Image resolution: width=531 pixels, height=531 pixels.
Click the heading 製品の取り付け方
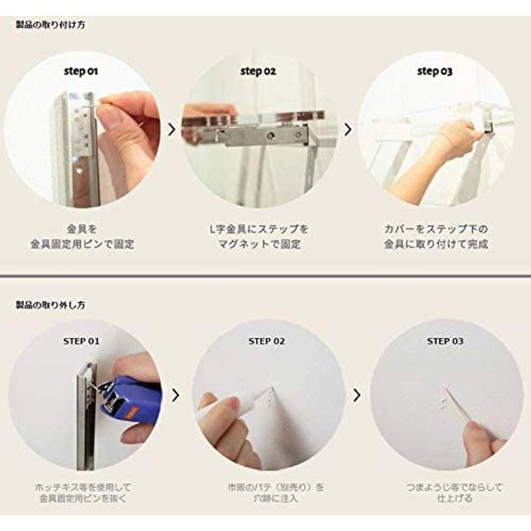(x=50, y=25)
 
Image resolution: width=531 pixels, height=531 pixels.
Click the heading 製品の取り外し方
(x=50, y=305)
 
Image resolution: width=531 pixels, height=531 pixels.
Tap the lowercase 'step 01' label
(x=82, y=70)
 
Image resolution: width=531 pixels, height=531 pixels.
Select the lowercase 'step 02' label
(x=258, y=70)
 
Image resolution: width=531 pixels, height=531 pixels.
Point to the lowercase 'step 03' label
(x=434, y=71)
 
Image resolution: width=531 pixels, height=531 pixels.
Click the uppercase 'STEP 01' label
(x=82, y=341)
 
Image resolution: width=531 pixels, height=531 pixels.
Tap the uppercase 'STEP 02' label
(x=267, y=341)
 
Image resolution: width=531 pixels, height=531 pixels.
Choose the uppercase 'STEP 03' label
(x=445, y=341)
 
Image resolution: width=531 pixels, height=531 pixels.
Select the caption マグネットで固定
(x=258, y=244)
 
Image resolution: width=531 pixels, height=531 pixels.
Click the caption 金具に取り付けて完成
(x=436, y=244)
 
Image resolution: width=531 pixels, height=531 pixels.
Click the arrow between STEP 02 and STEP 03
(x=357, y=396)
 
